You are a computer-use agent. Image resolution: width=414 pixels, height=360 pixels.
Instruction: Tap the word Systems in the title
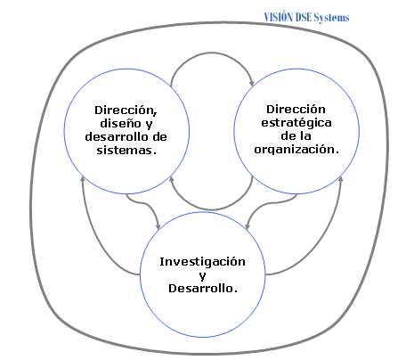pos(331,18)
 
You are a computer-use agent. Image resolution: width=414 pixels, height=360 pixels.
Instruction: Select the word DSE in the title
pos(304,17)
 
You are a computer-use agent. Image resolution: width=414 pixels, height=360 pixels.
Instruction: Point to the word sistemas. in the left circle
pos(126,150)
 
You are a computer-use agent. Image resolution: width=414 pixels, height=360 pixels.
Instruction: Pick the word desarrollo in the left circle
pos(114,136)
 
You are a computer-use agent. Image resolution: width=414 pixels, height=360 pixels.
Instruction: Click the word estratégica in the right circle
pos(296,123)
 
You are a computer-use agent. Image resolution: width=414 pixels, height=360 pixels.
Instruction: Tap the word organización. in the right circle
pos(296,149)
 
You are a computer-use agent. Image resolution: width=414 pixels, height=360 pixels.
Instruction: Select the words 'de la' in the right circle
pos(296,136)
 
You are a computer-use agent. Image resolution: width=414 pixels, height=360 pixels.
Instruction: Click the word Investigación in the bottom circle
pos(202,262)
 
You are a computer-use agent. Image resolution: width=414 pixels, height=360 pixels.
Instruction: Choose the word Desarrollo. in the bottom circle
pos(203,288)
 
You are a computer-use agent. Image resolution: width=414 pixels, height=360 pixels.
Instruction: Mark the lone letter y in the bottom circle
pos(202,276)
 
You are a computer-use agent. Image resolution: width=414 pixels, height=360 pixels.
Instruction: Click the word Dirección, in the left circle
pos(126,110)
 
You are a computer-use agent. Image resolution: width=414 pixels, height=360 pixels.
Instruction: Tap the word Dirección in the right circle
pos(296,109)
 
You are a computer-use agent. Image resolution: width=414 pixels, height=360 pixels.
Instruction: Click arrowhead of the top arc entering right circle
pos(252,83)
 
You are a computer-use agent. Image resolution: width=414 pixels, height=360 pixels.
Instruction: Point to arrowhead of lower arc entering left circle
pos(171,179)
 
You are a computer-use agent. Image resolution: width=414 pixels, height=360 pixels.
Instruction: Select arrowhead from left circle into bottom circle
pos(158,225)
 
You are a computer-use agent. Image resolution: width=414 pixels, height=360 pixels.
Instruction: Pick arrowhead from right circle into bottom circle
pos(248,225)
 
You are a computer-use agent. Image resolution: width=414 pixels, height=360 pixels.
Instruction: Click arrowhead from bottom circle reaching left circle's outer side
pos(83,179)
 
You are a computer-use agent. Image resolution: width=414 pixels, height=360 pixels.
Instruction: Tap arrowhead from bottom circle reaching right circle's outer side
pos(341,179)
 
